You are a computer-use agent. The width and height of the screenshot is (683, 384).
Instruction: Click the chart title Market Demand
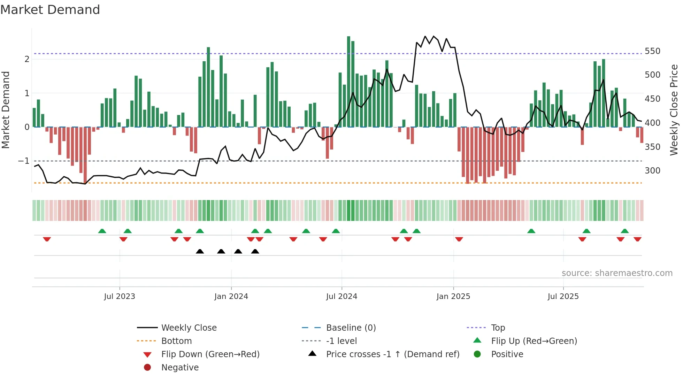tap(50, 10)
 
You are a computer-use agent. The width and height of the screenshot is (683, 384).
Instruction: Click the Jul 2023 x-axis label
tap(119, 297)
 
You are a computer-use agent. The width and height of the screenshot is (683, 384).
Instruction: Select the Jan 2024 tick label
tap(231, 297)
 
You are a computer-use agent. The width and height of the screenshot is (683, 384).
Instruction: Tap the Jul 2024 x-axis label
tap(341, 297)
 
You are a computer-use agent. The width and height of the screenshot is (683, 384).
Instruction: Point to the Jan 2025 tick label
tap(453, 297)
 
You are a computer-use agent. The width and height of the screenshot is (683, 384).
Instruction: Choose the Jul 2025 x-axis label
tap(563, 297)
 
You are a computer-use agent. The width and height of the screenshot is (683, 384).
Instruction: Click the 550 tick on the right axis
tap(652, 51)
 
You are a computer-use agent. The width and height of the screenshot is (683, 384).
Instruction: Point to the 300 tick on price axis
tap(652, 171)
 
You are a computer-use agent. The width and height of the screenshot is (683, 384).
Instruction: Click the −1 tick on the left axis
tap(24, 161)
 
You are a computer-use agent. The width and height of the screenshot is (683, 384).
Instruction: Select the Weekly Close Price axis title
tap(674, 110)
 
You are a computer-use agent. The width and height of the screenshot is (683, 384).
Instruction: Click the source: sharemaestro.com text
tap(617, 273)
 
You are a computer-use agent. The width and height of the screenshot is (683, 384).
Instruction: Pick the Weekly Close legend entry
tap(189, 328)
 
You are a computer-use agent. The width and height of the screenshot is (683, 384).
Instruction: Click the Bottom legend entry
tap(176, 341)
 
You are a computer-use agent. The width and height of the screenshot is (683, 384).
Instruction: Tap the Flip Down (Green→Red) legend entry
tap(210, 354)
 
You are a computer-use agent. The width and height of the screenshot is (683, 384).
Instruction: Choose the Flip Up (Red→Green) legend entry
tap(534, 341)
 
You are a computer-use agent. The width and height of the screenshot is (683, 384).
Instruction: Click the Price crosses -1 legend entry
tap(392, 354)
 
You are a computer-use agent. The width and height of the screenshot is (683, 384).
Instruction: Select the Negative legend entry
tap(180, 368)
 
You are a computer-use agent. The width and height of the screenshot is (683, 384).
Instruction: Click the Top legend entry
tap(498, 328)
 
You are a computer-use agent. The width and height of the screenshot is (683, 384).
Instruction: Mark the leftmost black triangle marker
tap(200, 251)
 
